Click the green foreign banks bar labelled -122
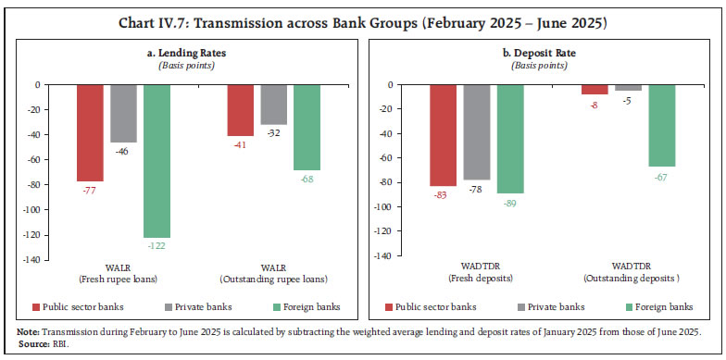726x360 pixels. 156,161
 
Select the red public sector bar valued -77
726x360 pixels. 90,132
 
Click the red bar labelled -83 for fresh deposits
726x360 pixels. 442,136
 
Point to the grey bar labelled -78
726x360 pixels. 476,132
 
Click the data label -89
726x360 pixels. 510,201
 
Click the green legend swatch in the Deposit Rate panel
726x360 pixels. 630,306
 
